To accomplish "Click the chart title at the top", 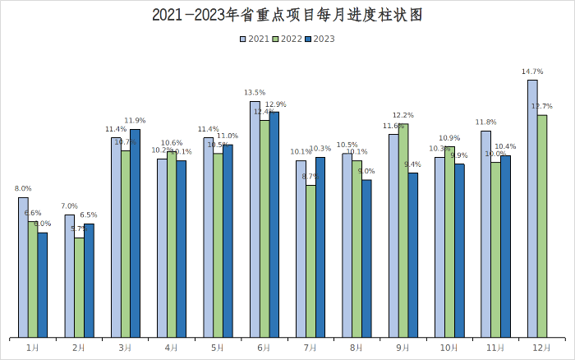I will click(287, 16).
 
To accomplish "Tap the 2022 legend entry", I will click(287, 39).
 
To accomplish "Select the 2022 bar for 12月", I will click(542, 226).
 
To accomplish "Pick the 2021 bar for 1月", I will click(23, 267).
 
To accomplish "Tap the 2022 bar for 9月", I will click(403, 230).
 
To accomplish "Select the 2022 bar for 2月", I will click(79, 287).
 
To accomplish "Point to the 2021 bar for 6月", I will click(255, 219).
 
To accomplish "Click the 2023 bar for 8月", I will click(366, 258).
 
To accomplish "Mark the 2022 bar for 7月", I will click(310, 261).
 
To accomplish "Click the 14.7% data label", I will click(532, 72).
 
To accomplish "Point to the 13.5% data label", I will click(255, 93).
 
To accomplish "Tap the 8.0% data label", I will click(23, 189).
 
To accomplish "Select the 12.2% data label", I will click(403, 116).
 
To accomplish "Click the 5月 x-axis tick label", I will click(218, 348).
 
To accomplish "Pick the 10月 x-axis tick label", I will click(449, 348).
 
